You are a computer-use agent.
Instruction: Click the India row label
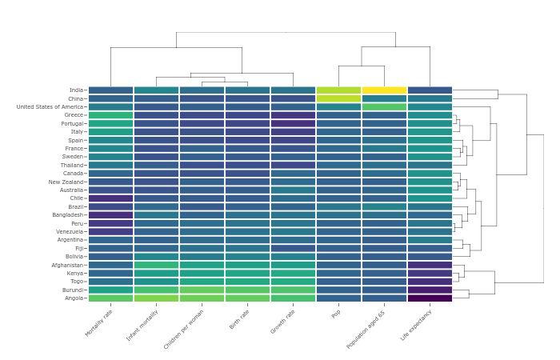[x=76, y=90]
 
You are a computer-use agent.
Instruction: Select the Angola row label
[x=74, y=298]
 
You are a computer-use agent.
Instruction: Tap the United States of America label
[x=50, y=107]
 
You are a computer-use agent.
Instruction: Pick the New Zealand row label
[x=66, y=182]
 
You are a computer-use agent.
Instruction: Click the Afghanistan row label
[x=67, y=265]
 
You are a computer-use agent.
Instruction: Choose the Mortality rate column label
[x=99, y=322]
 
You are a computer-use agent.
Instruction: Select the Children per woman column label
[x=184, y=328]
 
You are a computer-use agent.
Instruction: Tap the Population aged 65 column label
[x=366, y=328]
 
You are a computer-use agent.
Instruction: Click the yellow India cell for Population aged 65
[x=384, y=90]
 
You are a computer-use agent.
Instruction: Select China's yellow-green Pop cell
[x=338, y=98]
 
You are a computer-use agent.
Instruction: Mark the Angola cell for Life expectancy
[x=430, y=298]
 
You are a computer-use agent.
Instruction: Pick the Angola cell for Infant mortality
[x=156, y=298]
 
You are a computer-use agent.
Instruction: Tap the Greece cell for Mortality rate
[x=110, y=115]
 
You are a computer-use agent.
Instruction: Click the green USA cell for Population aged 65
[x=384, y=107]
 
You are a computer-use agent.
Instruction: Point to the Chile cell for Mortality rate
[x=110, y=198]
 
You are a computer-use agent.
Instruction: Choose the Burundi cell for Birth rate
[x=247, y=290]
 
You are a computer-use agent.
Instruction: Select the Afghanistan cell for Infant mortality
[x=156, y=265]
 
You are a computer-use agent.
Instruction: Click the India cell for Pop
[x=338, y=90]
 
